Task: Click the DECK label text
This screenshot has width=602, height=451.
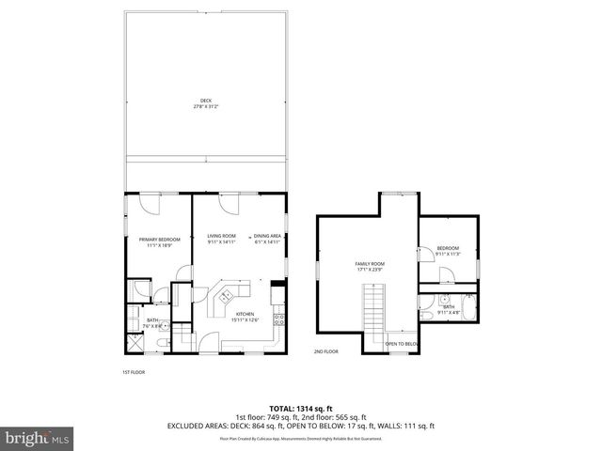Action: tap(206, 101)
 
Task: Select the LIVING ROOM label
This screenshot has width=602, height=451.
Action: tap(221, 236)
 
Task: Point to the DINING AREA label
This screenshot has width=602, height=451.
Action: tap(268, 236)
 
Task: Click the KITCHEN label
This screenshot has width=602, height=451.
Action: tap(246, 314)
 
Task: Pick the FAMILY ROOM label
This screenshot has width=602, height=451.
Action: tap(370, 264)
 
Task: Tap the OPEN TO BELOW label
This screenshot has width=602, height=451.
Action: tap(402, 344)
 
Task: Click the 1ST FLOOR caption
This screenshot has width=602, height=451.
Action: tap(134, 372)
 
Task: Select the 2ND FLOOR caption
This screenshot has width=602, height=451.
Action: tap(325, 351)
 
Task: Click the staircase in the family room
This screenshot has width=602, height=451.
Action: tap(373, 311)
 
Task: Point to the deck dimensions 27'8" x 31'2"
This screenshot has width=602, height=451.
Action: tap(206, 106)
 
